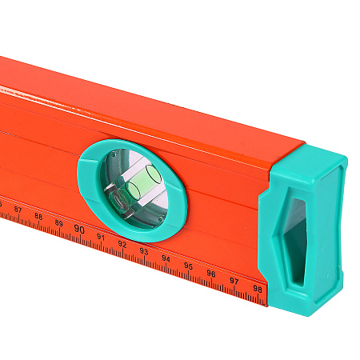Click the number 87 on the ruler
tap(18, 210)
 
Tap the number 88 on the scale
tap(38, 216)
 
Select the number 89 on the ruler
tap(59, 223)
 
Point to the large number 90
tap(79, 229)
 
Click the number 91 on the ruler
tap(100, 237)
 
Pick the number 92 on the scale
tap(122, 244)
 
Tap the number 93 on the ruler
tap(144, 251)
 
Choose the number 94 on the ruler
tap(166, 258)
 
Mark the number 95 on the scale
tap(188, 266)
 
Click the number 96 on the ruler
tap(211, 274)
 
